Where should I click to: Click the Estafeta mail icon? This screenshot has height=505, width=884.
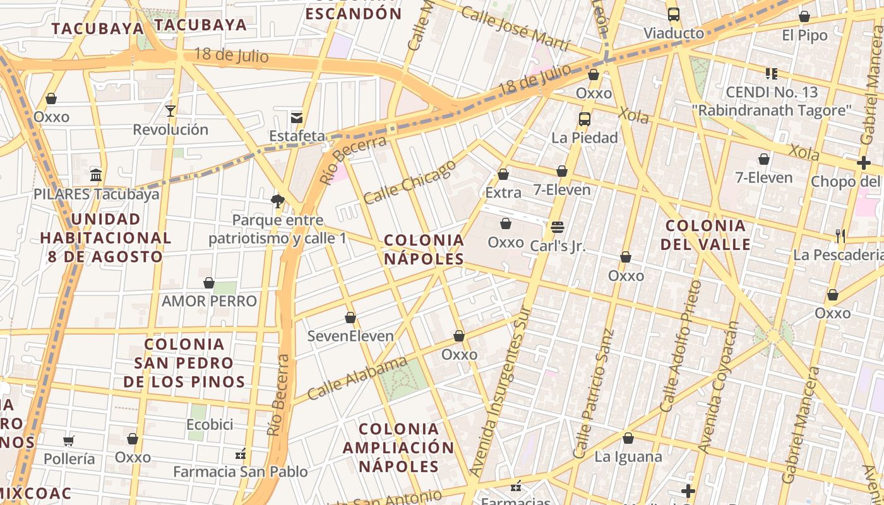click(x=297, y=117)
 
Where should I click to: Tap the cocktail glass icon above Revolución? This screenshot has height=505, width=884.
click(x=170, y=111)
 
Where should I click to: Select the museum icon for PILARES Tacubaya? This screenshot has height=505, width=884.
click(x=96, y=175)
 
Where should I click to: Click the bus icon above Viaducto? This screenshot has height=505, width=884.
click(x=674, y=15)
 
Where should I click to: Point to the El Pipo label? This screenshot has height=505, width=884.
click(x=804, y=35)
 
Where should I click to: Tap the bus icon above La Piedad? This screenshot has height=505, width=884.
click(x=585, y=119)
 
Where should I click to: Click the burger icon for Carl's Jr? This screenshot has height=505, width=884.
click(x=557, y=227)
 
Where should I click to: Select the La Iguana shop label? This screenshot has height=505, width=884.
click(x=628, y=456)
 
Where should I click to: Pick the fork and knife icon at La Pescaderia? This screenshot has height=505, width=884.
click(x=840, y=236)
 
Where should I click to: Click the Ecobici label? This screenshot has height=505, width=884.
click(x=210, y=424)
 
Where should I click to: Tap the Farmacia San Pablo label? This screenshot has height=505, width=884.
click(x=241, y=472)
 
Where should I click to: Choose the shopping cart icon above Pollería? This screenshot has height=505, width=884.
click(x=68, y=441)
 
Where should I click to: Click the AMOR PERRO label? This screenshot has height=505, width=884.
click(x=209, y=301)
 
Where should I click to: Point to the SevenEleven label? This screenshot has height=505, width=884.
click(x=350, y=336)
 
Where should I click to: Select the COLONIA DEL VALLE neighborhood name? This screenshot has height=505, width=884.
click(x=706, y=235)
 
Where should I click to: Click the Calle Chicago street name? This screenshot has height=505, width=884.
click(x=409, y=182)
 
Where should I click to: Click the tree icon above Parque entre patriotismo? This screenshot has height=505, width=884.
click(x=277, y=201)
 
